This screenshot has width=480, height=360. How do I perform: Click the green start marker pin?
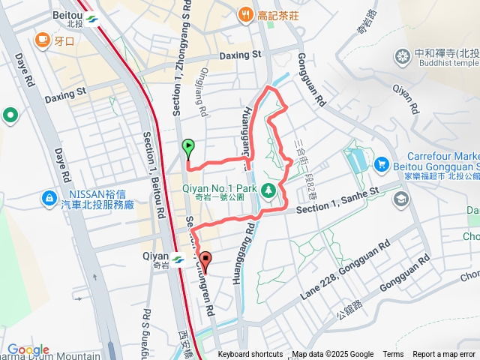[x=187, y=147]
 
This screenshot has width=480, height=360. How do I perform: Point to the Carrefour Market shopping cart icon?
[x=381, y=163]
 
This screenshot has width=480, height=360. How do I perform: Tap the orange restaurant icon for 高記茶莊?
[x=245, y=14]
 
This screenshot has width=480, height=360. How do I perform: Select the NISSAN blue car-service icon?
[x=49, y=198]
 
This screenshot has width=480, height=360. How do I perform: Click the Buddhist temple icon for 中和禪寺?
[x=403, y=55]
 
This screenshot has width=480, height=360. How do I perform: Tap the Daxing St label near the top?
[x=240, y=55]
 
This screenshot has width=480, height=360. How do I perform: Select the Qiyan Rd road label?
[x=403, y=97]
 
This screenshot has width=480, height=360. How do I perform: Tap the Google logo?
[x=28, y=349]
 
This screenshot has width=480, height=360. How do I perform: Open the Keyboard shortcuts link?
[x=250, y=355]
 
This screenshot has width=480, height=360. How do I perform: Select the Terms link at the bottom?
[x=393, y=355]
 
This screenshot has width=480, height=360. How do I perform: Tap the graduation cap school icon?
[x=401, y=198]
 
